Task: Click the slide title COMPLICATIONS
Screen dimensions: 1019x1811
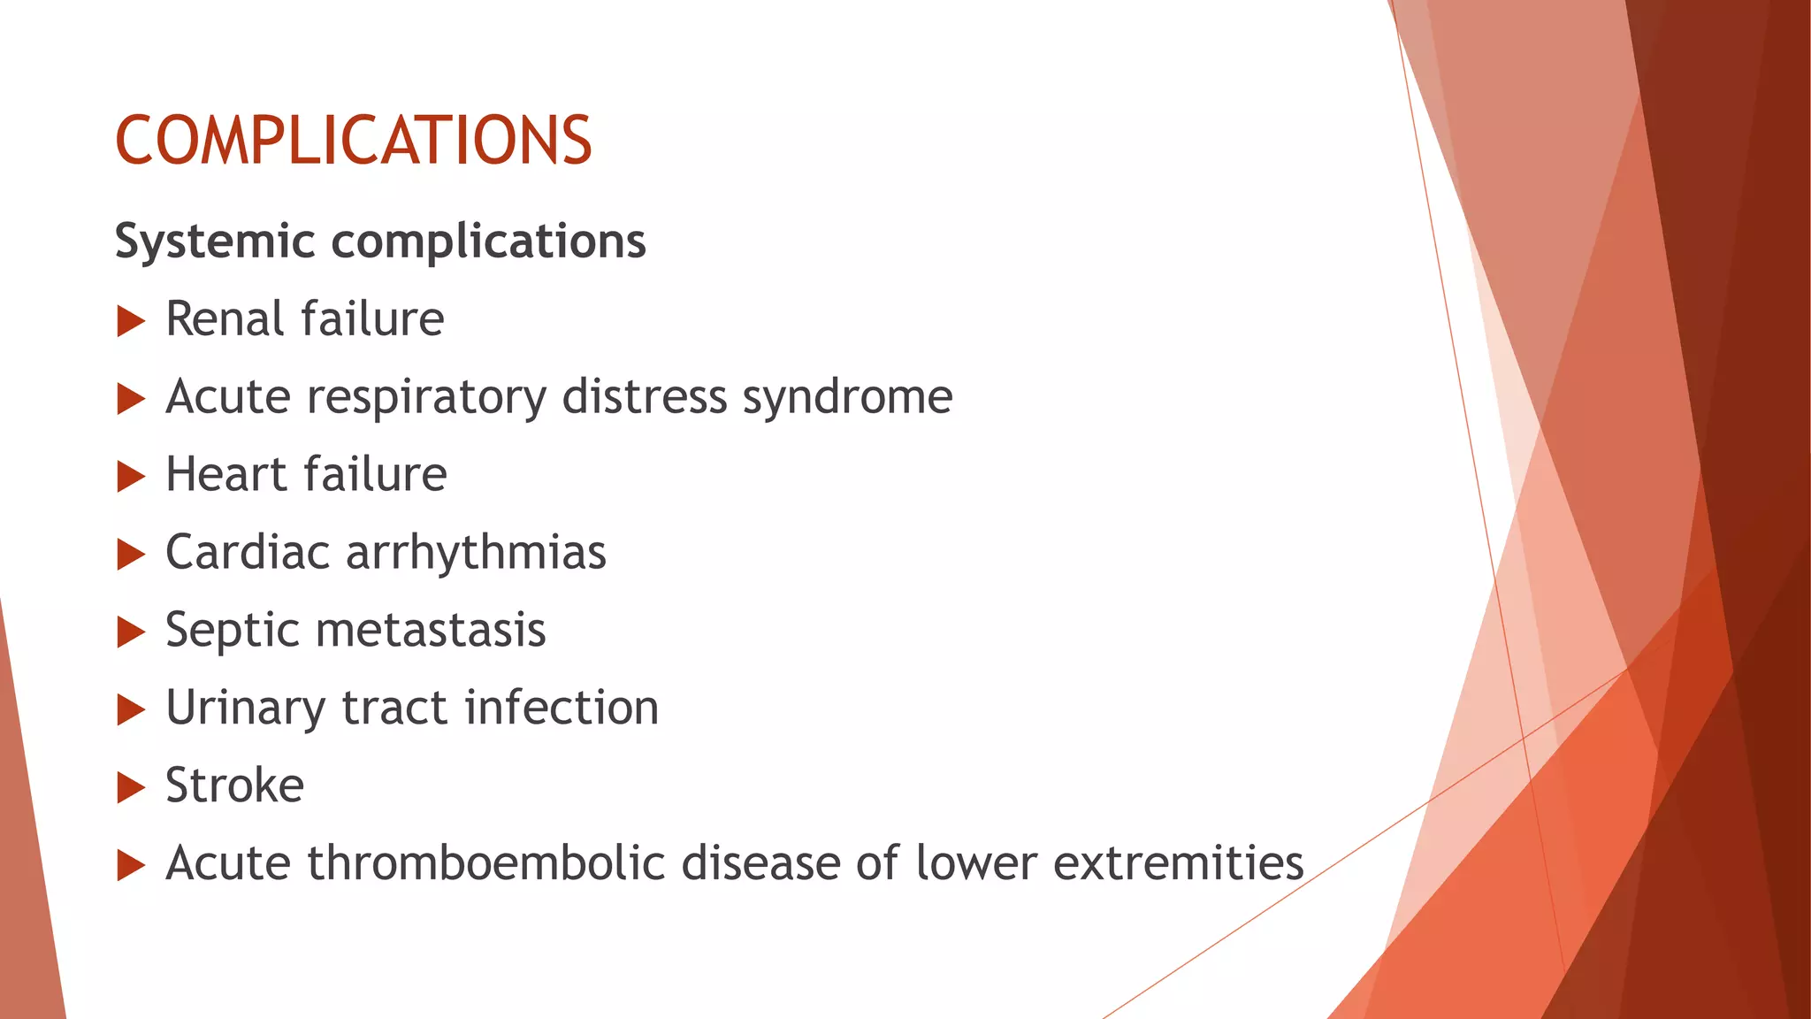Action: [353, 141]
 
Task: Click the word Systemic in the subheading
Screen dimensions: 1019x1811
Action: [215, 241]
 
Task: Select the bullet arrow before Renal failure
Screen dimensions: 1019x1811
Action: [131, 321]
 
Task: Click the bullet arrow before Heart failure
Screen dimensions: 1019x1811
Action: [131, 477]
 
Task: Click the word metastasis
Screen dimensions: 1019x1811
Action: [430, 631]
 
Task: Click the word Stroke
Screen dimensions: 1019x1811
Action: [234, 785]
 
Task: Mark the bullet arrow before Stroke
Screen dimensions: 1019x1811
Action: [131, 787]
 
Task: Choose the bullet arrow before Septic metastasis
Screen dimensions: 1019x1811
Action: [131, 632]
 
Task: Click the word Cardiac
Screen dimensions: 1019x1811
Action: [248, 553]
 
